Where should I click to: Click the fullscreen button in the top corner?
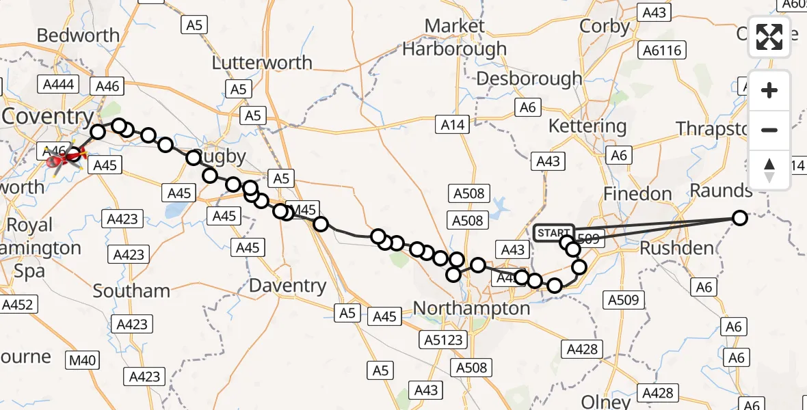(769, 36)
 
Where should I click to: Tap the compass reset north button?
(769, 170)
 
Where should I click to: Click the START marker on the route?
(553, 233)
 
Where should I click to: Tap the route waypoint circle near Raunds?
(739, 218)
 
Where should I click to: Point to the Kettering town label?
(587, 126)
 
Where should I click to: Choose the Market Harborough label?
(455, 38)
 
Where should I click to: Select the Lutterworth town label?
(262, 63)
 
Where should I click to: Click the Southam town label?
(131, 291)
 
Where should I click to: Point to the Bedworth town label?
(78, 36)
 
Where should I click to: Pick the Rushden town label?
(676, 248)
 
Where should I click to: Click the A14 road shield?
(453, 125)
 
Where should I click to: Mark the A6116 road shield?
(661, 51)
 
